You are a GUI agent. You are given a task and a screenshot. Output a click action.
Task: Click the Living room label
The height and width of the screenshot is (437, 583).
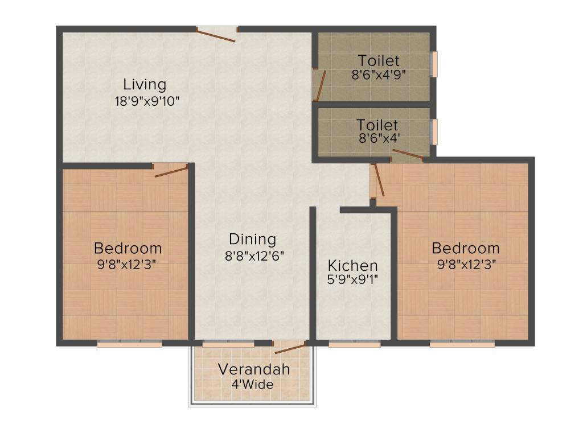[145, 85]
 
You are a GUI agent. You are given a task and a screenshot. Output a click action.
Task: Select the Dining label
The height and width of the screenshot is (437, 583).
[252, 239]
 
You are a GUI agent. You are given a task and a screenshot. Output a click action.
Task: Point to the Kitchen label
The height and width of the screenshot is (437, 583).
[352, 265]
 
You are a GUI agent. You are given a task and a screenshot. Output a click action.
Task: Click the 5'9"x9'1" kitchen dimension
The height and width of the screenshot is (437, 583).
[353, 279]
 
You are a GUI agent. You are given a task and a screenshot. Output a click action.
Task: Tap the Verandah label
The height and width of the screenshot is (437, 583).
[253, 369]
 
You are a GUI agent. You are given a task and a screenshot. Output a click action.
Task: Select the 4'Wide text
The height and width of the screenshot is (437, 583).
[252, 384]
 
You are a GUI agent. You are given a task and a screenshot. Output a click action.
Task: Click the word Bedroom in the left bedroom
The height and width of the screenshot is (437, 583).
[128, 248]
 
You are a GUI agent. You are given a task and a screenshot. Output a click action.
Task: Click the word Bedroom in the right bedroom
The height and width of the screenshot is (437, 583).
[465, 248]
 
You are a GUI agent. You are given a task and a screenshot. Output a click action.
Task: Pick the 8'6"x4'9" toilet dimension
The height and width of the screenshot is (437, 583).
[379, 75]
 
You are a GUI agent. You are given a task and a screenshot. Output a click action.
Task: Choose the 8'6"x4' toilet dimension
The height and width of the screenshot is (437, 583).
[377, 138]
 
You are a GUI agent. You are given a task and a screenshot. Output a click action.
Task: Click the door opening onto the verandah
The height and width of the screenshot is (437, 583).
[290, 348]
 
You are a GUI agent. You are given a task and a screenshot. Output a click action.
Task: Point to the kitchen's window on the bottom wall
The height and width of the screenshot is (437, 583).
[354, 344]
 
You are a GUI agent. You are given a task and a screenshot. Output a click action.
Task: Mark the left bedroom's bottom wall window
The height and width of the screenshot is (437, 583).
[130, 344]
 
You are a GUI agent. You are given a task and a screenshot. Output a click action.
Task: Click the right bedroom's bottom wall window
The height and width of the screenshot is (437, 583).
[462, 344]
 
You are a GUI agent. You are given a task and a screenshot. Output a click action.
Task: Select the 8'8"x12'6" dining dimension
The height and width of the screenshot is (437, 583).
[254, 255]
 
